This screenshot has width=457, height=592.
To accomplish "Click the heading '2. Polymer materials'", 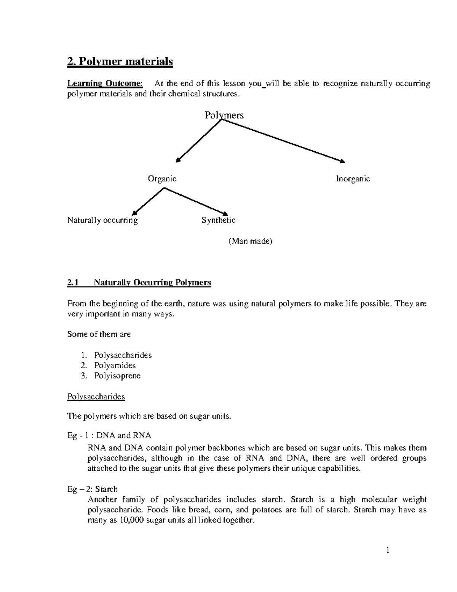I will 120,62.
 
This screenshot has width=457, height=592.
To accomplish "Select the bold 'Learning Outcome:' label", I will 105,84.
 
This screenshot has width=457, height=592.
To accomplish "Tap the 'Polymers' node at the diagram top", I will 224,115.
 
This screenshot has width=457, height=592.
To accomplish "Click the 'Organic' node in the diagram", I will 162,179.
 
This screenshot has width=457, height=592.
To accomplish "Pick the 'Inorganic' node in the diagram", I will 353,179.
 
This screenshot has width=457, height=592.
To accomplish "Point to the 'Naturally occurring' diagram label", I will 102,220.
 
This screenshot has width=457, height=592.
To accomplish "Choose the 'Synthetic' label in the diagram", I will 218,220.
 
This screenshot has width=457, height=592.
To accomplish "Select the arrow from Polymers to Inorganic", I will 284,141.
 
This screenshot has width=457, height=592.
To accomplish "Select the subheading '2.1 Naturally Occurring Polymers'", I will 139,283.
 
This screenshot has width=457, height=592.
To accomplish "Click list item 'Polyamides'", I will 115,366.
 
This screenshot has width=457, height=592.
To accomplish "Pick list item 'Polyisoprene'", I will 117,376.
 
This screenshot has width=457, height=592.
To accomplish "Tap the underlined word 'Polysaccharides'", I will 96,397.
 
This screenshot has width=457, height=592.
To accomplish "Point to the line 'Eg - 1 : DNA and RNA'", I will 109,436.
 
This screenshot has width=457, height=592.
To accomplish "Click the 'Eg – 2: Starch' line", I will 93,489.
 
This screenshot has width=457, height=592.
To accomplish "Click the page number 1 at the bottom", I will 388,550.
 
